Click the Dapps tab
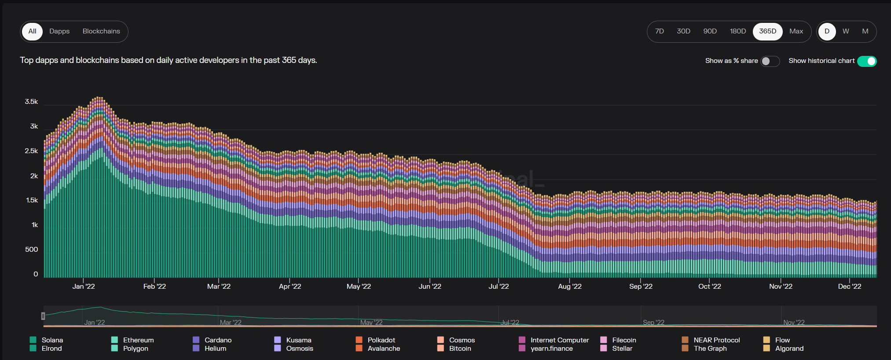[x=59, y=31]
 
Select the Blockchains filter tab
[x=101, y=31]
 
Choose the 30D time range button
[x=683, y=31]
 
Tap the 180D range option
[x=738, y=31]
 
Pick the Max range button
[x=796, y=31]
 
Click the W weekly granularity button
[x=846, y=31]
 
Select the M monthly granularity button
[x=865, y=31]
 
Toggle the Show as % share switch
[x=770, y=61]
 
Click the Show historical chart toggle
[x=866, y=61]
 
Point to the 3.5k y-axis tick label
[x=31, y=102]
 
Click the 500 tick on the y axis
[x=31, y=250]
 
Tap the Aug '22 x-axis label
[x=569, y=287]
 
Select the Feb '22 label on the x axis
[x=154, y=287]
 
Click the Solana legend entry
[x=52, y=340]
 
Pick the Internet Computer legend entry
[x=559, y=340]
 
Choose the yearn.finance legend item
[x=551, y=349]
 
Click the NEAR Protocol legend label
[x=716, y=340]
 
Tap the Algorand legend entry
[x=789, y=349]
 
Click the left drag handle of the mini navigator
[x=43, y=316]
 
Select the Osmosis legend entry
[x=299, y=349]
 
